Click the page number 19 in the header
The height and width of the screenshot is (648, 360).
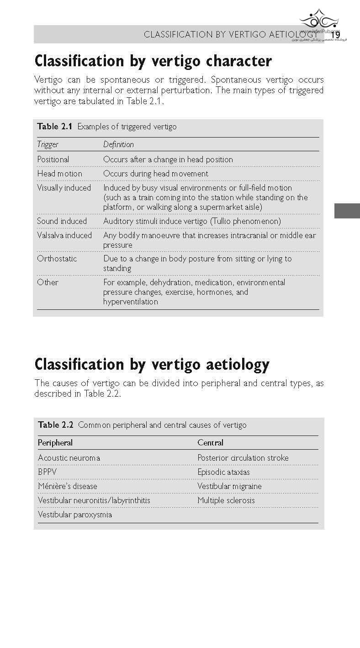[x=336, y=35]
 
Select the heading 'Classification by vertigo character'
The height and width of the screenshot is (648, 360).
[x=153, y=61]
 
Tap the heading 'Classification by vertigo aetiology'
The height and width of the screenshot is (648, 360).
[x=152, y=365]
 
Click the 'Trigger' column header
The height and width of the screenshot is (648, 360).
[x=48, y=144]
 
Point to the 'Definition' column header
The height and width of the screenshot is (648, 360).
[x=118, y=144]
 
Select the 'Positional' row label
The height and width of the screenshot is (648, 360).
[x=53, y=159]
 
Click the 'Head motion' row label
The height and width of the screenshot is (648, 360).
[x=59, y=174]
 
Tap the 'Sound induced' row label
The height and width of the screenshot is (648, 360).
[x=62, y=221]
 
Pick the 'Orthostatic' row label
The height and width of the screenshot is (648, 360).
[x=57, y=259]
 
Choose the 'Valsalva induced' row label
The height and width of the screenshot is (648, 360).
[x=64, y=235]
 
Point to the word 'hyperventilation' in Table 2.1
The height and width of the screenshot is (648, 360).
[x=131, y=302]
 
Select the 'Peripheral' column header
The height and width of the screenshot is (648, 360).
[x=55, y=443]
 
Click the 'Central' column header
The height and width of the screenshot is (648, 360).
[x=210, y=443]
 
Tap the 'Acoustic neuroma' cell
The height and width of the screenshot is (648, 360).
[x=69, y=458]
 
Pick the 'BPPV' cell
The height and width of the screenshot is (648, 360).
[x=48, y=472]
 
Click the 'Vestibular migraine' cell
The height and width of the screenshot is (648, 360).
[x=229, y=486]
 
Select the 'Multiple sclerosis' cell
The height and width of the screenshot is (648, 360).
[x=226, y=500]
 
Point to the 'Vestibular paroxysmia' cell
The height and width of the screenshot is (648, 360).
[x=75, y=515]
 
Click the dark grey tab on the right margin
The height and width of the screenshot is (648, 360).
[x=347, y=211]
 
